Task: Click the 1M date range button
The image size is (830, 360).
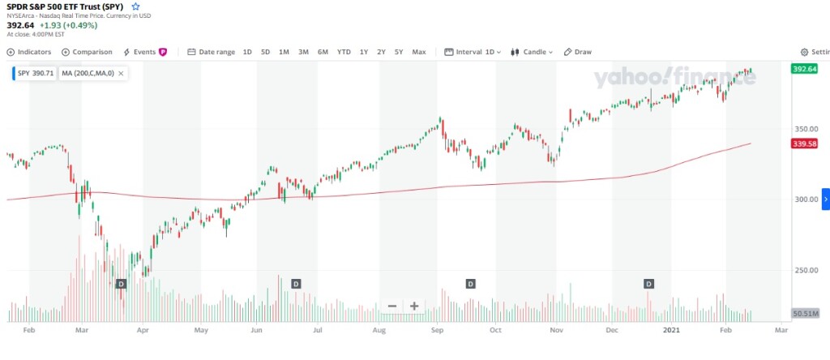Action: [x=284, y=52]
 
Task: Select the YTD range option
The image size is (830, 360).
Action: [x=344, y=52]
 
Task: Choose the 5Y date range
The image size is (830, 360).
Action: [x=399, y=52]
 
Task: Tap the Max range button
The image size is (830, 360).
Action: [x=419, y=52]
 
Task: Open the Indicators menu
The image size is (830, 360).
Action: [x=29, y=52]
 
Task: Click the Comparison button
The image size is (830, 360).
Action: [x=87, y=52]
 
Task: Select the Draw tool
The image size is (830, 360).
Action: [x=578, y=52]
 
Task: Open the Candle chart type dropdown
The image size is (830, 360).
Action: [x=532, y=52]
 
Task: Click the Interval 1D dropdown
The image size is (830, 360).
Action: [x=473, y=52]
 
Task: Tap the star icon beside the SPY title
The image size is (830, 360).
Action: [x=136, y=6]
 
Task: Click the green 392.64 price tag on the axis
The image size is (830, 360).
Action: [x=804, y=69]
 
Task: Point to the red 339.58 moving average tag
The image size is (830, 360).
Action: [x=804, y=144]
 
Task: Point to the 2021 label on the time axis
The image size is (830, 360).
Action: [x=671, y=331]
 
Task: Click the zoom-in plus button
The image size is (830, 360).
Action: [x=414, y=306]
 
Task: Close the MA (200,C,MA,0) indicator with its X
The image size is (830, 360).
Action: [x=121, y=73]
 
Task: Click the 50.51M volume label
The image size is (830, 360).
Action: [x=804, y=312]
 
